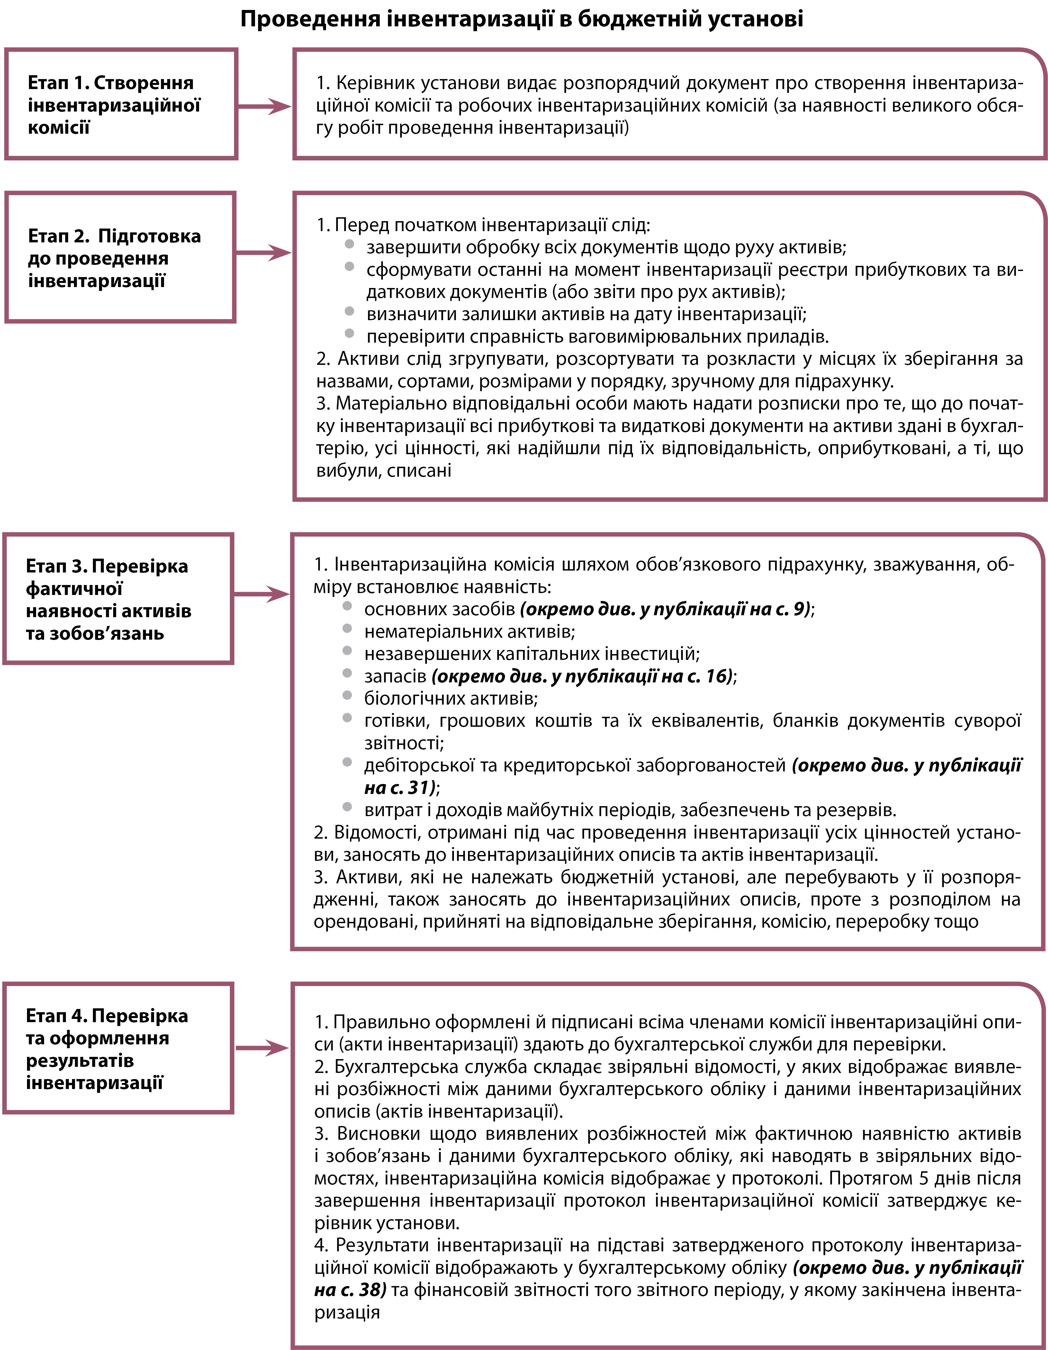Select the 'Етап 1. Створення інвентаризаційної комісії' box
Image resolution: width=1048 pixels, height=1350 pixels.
(121, 104)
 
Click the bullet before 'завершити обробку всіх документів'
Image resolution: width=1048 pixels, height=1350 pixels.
(349, 244)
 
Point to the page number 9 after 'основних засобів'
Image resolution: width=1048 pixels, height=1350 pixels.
(800, 609)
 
